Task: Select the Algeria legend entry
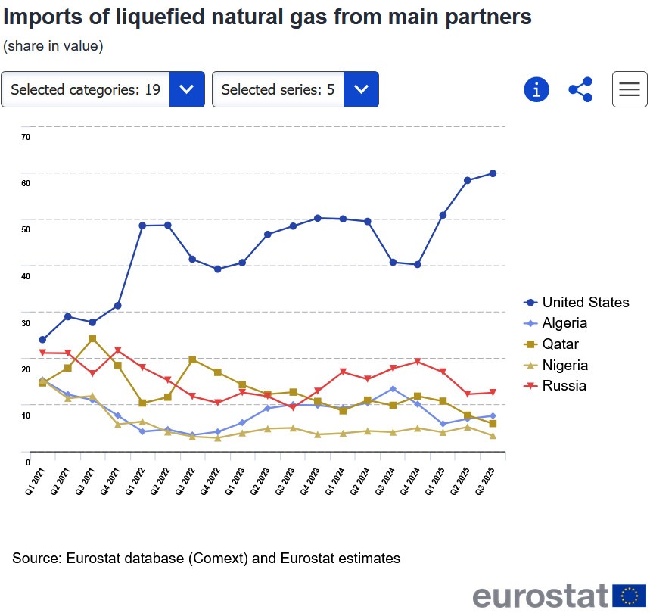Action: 564,323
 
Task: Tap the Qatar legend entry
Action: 560,344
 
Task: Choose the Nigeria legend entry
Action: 564,365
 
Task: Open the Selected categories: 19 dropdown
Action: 103,89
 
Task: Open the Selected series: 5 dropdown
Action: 295,89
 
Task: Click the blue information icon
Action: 536,89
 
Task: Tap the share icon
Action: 580,89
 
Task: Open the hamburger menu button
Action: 630,89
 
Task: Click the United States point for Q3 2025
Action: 493,173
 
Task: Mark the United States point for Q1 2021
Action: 42,340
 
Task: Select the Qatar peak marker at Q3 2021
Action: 92,338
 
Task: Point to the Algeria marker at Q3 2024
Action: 393,389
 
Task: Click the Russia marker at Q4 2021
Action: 118,350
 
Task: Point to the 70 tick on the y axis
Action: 26,137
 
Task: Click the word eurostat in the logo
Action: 540,596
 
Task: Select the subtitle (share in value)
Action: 53,46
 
